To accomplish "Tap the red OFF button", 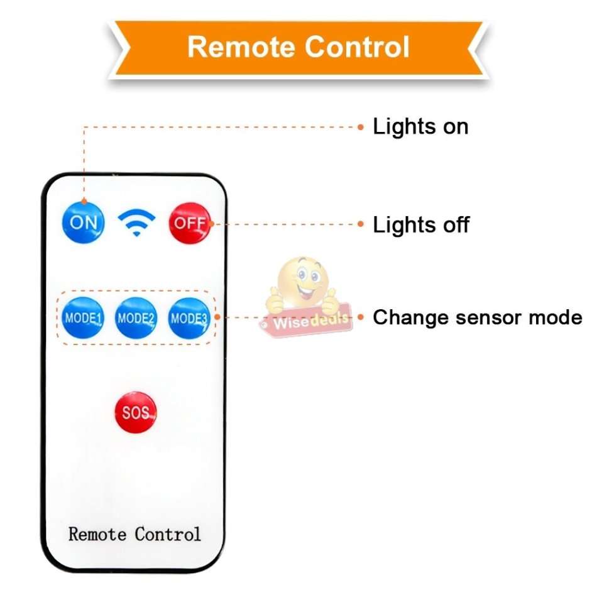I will click(x=190, y=222).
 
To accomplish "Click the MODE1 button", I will click(x=83, y=318).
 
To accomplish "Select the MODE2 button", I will click(x=136, y=318).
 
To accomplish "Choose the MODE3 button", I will click(x=189, y=318).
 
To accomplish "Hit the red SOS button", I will click(x=136, y=412).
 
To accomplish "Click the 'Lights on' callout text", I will click(x=420, y=126).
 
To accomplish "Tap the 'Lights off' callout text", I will click(x=421, y=224).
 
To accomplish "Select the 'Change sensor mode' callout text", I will click(x=477, y=317).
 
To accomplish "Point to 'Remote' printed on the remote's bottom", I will click(x=97, y=534).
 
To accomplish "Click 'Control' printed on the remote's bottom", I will click(x=168, y=534).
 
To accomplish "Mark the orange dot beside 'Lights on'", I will click(x=361, y=127).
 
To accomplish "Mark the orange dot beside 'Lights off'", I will click(x=361, y=224).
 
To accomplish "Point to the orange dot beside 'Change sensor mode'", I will click(x=361, y=317).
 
